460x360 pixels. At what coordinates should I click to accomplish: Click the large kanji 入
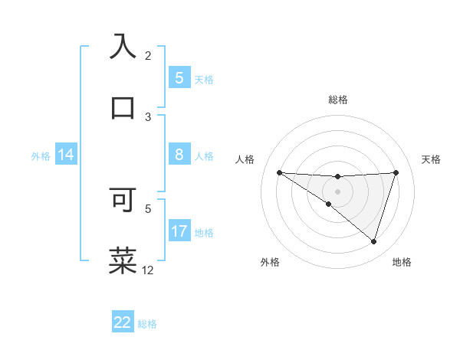click(x=123, y=47)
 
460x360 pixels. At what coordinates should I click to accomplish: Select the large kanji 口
click(x=123, y=107)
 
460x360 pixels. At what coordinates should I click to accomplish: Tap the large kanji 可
click(x=123, y=198)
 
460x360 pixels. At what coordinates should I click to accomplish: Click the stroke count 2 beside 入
click(x=148, y=55)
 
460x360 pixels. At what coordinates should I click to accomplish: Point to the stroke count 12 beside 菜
click(x=148, y=270)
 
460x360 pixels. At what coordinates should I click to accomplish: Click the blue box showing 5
click(x=179, y=77)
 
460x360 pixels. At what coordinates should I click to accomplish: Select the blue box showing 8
click(x=179, y=155)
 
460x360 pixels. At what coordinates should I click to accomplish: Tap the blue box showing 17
click(x=179, y=231)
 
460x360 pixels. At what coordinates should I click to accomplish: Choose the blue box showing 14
click(x=65, y=155)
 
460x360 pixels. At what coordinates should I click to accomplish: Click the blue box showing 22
click(x=123, y=322)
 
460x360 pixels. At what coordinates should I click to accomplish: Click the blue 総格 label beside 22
click(x=147, y=324)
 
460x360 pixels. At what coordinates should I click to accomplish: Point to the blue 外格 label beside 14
click(x=41, y=156)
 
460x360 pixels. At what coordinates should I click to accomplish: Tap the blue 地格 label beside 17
click(x=204, y=232)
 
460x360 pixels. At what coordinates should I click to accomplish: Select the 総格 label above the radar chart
click(x=338, y=100)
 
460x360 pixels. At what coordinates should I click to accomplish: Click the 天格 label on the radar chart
click(x=432, y=159)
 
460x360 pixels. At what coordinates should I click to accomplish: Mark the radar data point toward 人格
click(x=279, y=172)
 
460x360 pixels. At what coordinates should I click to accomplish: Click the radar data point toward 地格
click(x=373, y=241)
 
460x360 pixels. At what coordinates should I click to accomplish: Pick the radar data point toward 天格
click(x=396, y=172)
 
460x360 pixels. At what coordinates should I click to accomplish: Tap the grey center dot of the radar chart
click(x=338, y=191)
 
